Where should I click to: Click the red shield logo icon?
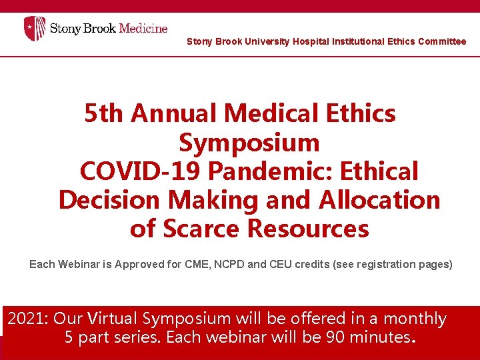click(35, 29)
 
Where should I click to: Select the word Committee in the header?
click(442, 41)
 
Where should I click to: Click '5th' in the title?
click(104, 114)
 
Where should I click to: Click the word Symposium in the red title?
click(249, 143)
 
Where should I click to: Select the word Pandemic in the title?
click(271, 171)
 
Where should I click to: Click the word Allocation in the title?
click(379, 200)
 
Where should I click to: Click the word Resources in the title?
click(308, 229)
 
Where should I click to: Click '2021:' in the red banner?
click(28, 319)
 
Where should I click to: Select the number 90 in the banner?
click(339, 337)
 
